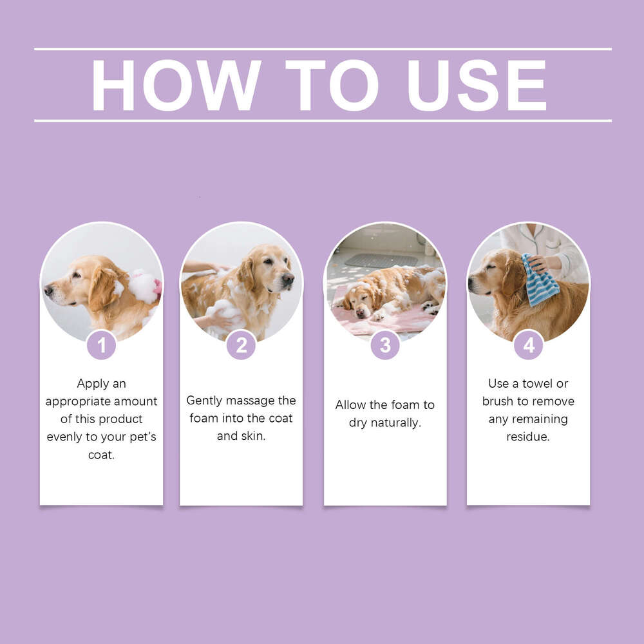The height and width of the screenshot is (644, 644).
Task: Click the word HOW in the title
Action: pyautogui.click(x=176, y=85)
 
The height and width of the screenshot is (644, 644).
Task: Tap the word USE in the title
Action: pyautogui.click(x=477, y=85)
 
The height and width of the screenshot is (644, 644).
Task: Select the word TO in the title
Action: pyautogui.click(x=332, y=85)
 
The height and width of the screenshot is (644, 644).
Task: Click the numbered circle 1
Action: pyautogui.click(x=101, y=346)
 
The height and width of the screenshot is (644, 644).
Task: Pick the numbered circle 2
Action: pyautogui.click(x=241, y=346)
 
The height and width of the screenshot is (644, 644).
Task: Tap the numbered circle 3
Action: pyautogui.click(x=384, y=346)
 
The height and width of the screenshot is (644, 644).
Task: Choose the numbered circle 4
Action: pyautogui.click(x=528, y=346)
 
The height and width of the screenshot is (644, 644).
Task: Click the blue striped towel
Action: pyautogui.click(x=540, y=281)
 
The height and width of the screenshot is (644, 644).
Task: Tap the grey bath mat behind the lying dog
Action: pyautogui.click(x=381, y=260)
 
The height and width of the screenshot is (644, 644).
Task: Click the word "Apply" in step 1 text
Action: pyautogui.click(x=93, y=384)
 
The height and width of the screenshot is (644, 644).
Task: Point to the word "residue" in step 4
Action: pyautogui.click(x=528, y=437)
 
